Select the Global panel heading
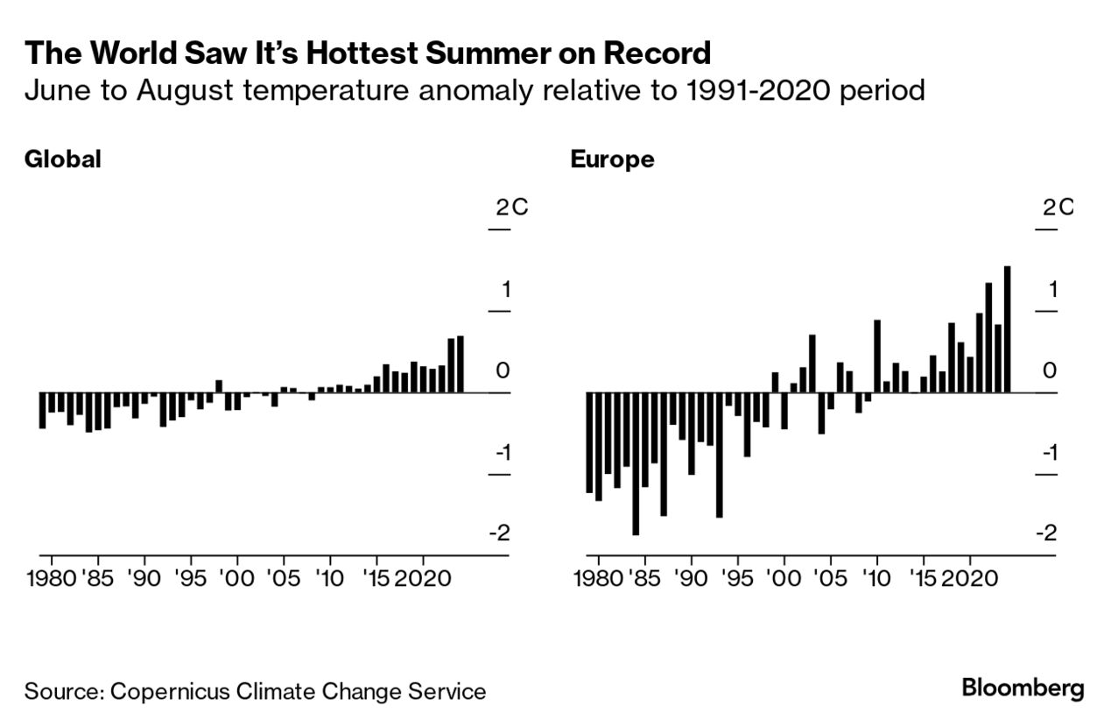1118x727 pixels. (63, 159)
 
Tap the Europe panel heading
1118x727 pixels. (612, 159)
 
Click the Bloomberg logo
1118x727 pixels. (1023, 688)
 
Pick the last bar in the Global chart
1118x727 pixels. (461, 364)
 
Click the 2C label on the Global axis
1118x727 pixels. (510, 208)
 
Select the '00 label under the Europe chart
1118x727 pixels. (784, 581)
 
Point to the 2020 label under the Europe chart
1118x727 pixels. (968, 581)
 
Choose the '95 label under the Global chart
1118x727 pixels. (191, 581)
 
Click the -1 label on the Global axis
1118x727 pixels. (499, 453)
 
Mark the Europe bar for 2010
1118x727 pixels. (877, 356)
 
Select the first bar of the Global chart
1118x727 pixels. (42, 410)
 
